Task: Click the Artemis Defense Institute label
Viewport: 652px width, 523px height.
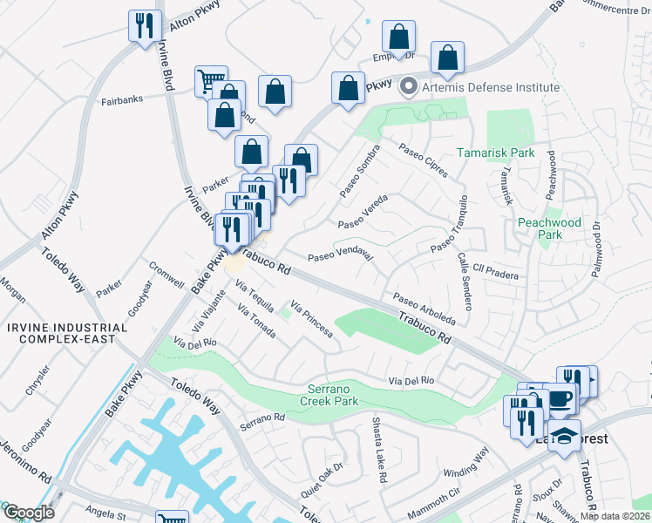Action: pyautogui.click(x=491, y=88)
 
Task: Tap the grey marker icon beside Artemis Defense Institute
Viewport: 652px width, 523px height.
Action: pyautogui.click(x=408, y=88)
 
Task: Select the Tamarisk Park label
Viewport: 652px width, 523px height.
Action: pyautogui.click(x=496, y=153)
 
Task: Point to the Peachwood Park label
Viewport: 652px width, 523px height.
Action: pyautogui.click(x=549, y=228)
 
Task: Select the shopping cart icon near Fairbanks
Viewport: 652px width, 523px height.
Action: pyautogui.click(x=210, y=81)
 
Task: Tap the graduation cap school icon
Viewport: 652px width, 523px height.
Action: pyautogui.click(x=565, y=434)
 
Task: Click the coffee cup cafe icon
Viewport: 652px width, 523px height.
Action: pyautogui.click(x=560, y=397)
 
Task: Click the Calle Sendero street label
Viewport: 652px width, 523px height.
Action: pyautogui.click(x=465, y=282)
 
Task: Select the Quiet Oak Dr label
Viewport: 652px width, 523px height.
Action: pyautogui.click(x=323, y=479)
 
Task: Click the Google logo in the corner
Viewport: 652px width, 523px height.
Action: pyautogui.click(x=28, y=513)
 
